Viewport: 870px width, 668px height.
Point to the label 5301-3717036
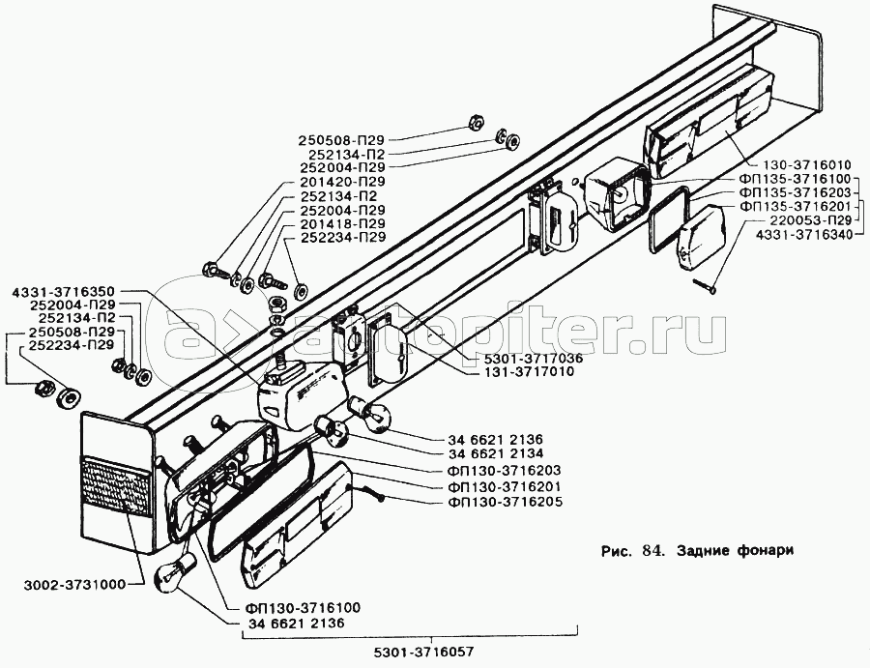point(525,358)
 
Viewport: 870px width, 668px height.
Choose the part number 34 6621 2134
point(496,453)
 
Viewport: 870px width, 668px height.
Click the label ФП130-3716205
point(504,502)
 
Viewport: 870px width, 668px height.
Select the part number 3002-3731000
point(74,584)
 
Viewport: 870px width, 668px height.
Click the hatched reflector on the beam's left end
point(115,482)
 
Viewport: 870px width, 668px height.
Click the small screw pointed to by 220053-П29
point(705,285)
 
